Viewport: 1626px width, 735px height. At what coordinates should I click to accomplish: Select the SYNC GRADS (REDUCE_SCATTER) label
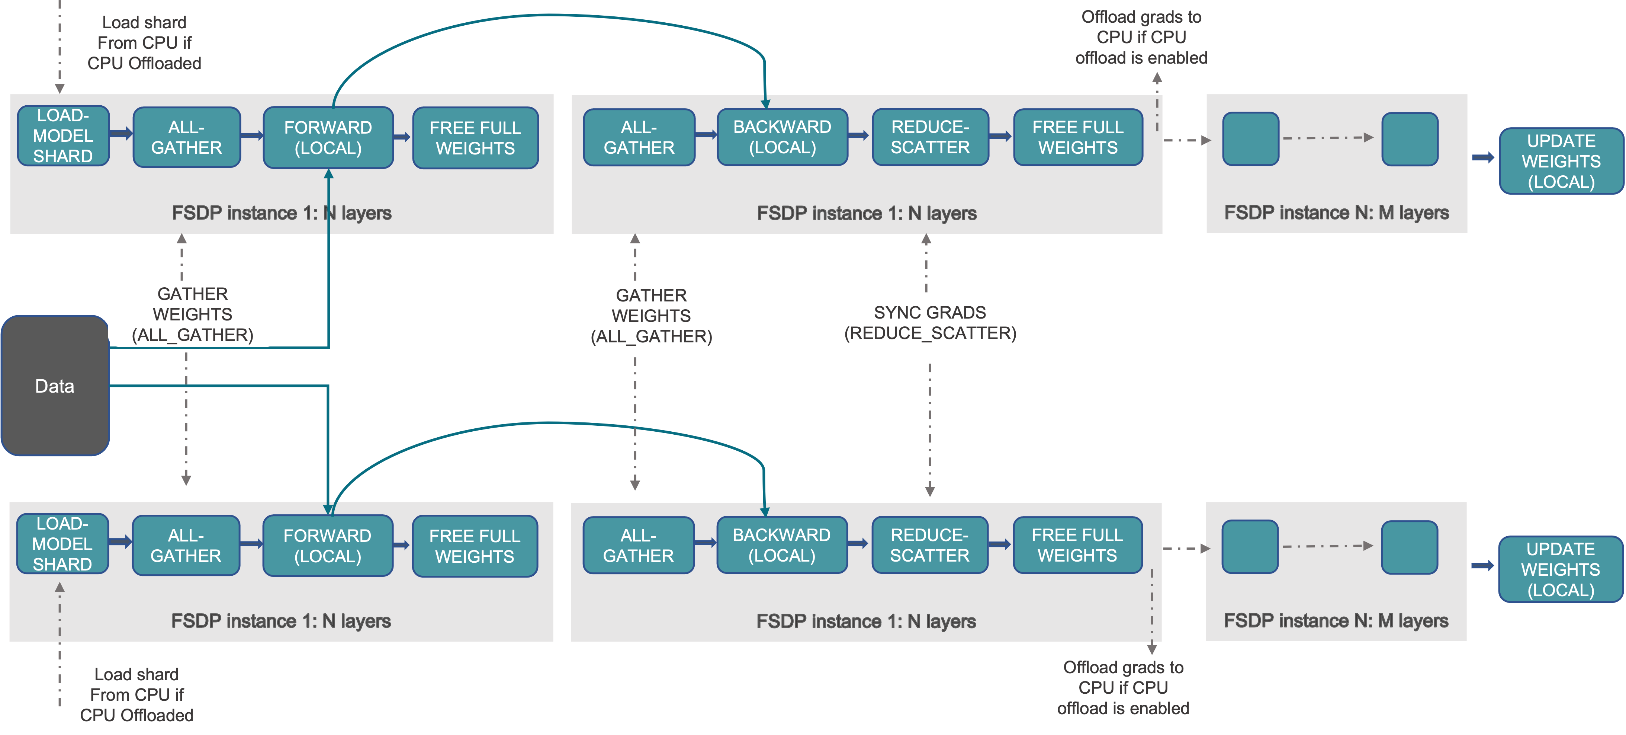(x=930, y=323)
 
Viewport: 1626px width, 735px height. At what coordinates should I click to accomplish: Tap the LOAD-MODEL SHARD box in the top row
(x=63, y=136)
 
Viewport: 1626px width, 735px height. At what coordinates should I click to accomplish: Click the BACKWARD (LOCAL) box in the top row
(x=782, y=137)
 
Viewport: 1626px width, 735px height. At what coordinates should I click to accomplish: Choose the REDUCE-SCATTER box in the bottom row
(x=929, y=545)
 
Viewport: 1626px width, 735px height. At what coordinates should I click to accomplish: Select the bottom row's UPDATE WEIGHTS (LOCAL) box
(x=1560, y=569)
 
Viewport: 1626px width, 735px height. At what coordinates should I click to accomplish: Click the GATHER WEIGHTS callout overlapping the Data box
(x=193, y=314)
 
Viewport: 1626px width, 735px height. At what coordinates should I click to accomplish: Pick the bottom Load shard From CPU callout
(x=137, y=694)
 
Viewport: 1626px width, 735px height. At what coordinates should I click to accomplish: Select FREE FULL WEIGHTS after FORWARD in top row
(x=475, y=138)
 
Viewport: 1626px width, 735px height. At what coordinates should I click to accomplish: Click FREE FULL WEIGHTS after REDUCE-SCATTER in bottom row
(x=1077, y=545)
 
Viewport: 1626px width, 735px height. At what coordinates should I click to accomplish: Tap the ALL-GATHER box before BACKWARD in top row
(x=639, y=137)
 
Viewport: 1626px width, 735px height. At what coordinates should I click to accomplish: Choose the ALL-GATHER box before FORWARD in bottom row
(x=186, y=546)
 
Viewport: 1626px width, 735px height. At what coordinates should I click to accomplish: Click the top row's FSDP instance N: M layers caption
(x=1336, y=213)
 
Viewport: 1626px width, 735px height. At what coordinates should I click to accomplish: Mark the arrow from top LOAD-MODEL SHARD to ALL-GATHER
(x=120, y=133)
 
